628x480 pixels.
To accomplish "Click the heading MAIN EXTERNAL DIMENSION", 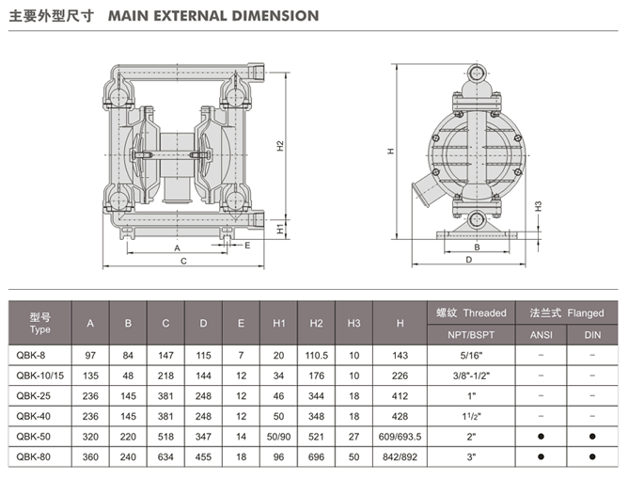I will click(213, 16).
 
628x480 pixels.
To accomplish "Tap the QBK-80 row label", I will click(40, 456).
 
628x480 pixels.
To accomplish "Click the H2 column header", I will click(317, 323).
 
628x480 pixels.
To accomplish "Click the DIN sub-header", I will click(592, 333).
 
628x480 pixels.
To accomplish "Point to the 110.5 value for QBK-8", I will click(317, 355).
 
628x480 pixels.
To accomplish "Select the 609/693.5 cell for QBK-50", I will click(400, 436).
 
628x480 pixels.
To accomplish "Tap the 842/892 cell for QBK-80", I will click(400, 456).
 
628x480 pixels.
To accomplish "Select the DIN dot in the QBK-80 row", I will click(592, 456).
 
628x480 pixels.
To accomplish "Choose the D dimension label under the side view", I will click(467, 261).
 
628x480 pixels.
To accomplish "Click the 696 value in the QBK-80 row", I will click(317, 456).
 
